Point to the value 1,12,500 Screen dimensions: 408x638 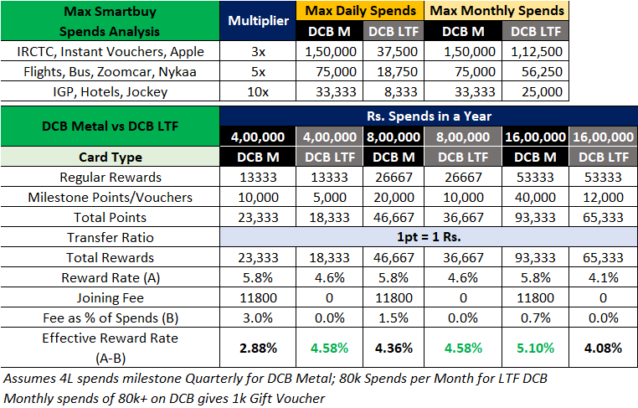point(537,51)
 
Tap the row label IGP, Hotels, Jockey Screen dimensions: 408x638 point(110,91)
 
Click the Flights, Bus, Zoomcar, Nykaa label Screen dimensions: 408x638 point(110,71)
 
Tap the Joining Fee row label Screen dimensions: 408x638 point(110,297)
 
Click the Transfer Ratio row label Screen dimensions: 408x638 point(110,237)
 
